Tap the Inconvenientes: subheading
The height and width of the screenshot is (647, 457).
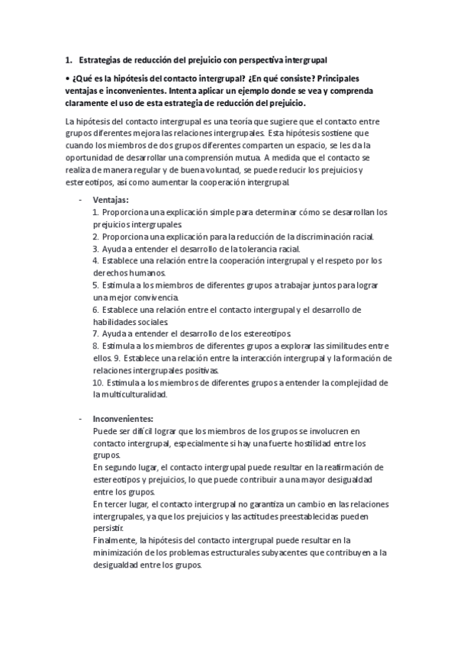click(123, 419)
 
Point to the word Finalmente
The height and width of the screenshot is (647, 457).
click(114, 541)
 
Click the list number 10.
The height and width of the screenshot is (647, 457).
click(97, 382)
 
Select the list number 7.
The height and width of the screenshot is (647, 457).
click(95, 333)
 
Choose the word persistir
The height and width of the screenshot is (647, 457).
click(108, 529)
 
